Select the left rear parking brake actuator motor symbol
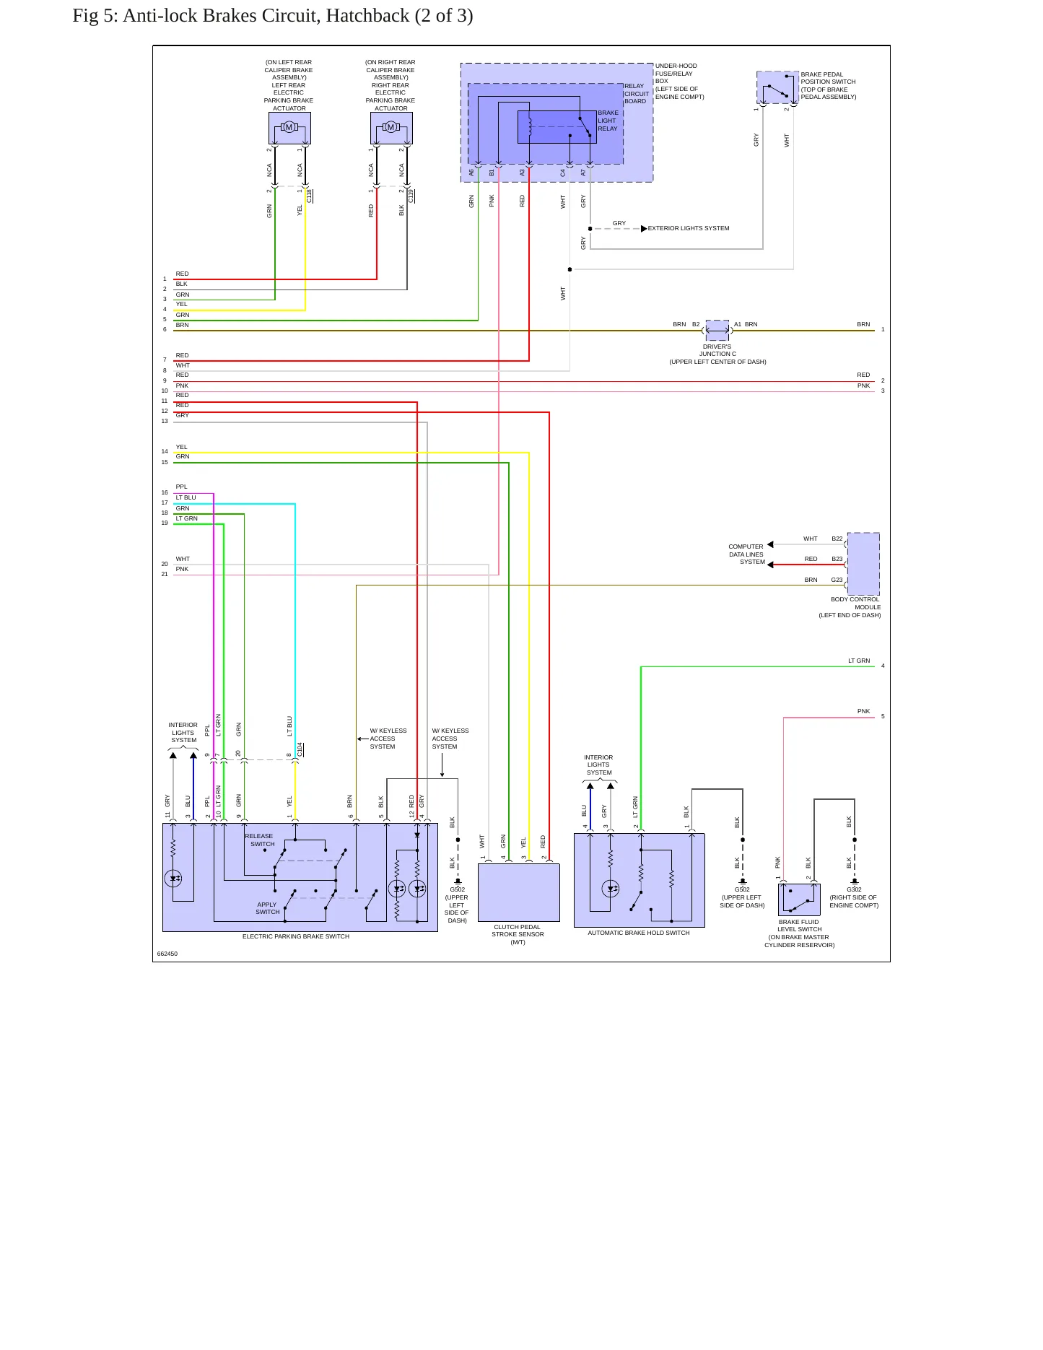coord(289,128)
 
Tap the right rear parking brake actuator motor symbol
coord(391,128)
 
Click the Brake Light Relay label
coord(608,121)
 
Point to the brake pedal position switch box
coord(777,87)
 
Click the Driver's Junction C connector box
coord(717,330)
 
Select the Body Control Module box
coord(863,564)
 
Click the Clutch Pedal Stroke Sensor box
coord(519,892)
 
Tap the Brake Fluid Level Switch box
coord(799,900)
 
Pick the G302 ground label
coord(854,890)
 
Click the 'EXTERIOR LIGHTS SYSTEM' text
coord(689,228)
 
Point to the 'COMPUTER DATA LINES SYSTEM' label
coord(746,554)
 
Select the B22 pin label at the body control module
coord(837,539)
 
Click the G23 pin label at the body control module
coord(837,580)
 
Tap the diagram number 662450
coord(167,954)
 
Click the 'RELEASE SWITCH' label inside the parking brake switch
coord(260,840)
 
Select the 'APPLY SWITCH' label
coord(268,908)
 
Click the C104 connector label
coord(300,749)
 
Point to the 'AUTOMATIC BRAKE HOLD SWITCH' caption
coord(639,933)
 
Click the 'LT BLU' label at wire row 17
coord(186,497)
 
